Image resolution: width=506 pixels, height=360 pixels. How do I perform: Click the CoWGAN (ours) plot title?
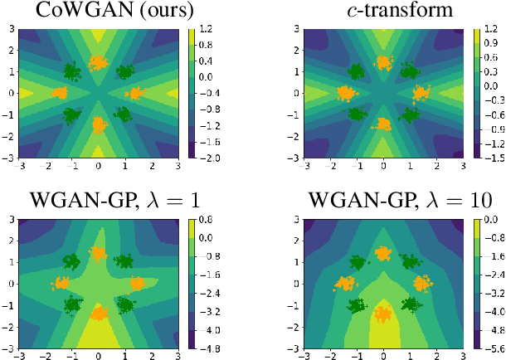click(x=98, y=11)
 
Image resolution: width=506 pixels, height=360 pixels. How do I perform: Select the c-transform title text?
click(x=382, y=11)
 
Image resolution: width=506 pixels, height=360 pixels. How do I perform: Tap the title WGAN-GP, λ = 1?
click(x=98, y=201)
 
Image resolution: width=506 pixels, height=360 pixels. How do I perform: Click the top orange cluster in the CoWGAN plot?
click(x=99, y=63)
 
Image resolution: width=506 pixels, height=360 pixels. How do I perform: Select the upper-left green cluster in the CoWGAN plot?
click(x=71, y=73)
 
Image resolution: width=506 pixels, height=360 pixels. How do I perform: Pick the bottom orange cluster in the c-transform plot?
click(x=382, y=124)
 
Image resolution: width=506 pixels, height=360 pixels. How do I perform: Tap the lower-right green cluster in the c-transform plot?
click(x=410, y=114)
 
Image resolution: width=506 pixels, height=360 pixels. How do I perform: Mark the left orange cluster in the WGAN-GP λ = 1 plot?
click(x=61, y=283)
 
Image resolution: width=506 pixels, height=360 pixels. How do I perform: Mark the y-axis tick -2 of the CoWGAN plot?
click(x=11, y=135)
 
